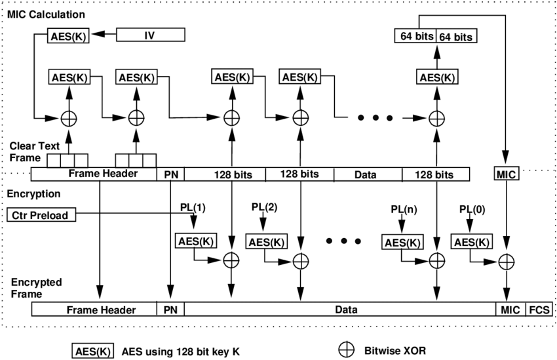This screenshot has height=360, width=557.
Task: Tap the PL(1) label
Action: coord(193,207)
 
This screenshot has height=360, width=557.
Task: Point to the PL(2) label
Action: coord(265,207)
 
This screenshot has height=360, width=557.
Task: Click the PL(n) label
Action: coord(401,210)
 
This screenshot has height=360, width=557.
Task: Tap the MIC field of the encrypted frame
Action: coord(509,309)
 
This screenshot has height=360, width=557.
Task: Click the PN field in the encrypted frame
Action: coord(170,309)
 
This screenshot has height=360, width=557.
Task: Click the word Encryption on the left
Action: coord(33,195)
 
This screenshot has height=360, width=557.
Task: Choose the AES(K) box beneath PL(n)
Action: coord(401,242)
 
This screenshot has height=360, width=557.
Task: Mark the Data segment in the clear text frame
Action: coord(368,174)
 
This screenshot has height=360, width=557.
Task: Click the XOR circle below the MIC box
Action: coord(506,261)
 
